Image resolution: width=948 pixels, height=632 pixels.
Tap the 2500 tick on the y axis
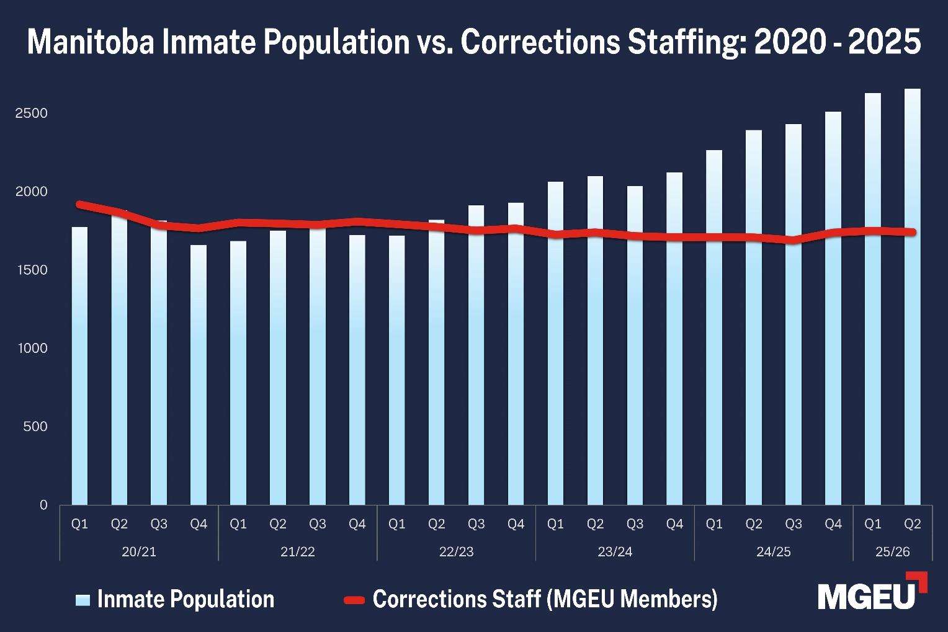(x=32, y=113)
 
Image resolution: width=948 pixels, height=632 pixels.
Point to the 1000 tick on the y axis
(x=33, y=349)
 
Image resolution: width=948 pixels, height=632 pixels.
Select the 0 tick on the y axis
(x=43, y=505)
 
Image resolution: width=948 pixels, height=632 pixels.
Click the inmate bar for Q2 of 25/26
(x=912, y=298)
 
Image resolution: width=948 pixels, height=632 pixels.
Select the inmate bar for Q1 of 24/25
(x=714, y=329)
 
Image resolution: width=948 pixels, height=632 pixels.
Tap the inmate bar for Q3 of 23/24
(x=635, y=347)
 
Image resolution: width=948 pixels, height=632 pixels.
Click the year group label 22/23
(x=456, y=551)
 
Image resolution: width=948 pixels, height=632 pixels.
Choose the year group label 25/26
(x=892, y=551)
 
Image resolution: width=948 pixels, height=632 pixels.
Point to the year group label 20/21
(x=139, y=551)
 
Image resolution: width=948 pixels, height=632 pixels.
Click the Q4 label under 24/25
(x=833, y=524)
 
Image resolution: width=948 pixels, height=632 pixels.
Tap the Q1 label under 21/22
(x=238, y=524)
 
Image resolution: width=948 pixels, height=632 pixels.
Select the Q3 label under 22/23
(x=476, y=524)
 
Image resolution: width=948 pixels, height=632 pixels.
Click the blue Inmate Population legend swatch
(x=83, y=600)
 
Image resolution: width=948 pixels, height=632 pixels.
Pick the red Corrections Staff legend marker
(x=354, y=600)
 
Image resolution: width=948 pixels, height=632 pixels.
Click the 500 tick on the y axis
(x=35, y=427)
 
